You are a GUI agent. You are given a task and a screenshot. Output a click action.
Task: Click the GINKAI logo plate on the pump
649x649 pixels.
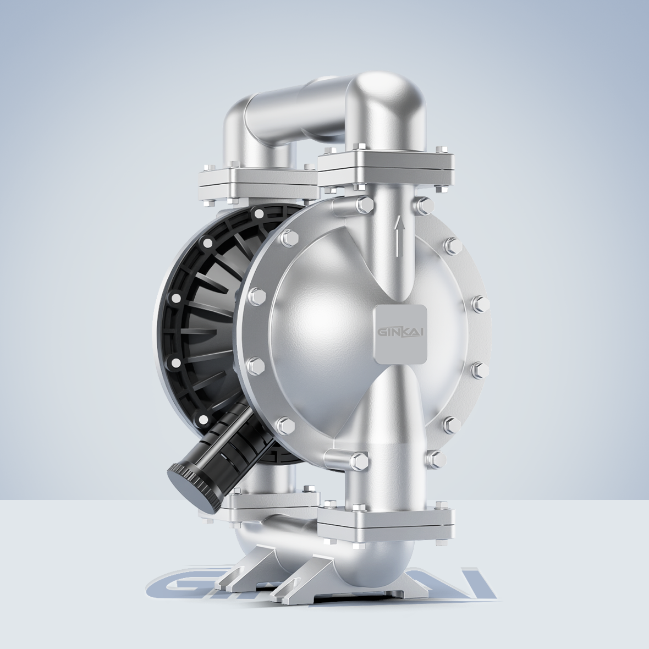(x=400, y=334)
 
